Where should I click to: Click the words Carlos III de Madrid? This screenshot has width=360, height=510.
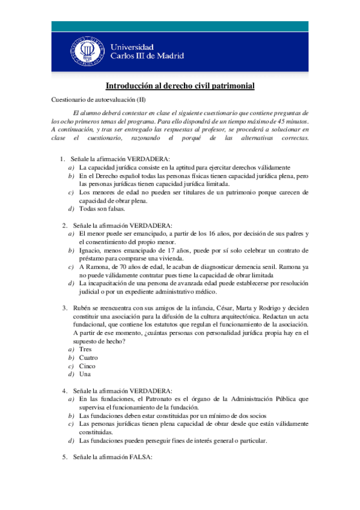pos(147,55)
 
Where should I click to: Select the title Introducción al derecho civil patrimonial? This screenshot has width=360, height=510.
pos(180,86)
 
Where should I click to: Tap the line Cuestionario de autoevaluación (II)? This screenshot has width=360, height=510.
pos(99,100)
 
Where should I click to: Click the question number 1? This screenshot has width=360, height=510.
pos(63,159)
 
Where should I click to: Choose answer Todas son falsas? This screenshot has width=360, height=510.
pos(102,209)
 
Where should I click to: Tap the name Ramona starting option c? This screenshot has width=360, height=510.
pos(99,266)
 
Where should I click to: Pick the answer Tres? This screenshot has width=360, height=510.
pos(85,349)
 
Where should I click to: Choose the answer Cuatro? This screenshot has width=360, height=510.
pos(89,357)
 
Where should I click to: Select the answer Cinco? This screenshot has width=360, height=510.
pos(88,366)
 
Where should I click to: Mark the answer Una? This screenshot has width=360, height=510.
pos(85,374)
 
